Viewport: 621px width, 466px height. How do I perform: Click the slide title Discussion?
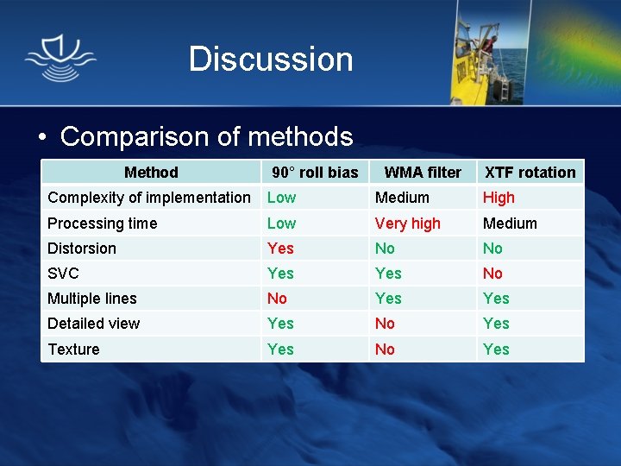pos(271,60)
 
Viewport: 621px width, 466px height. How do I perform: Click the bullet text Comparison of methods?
pos(206,136)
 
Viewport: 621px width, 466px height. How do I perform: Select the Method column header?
pos(151,173)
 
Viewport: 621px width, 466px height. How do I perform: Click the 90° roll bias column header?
pos(315,173)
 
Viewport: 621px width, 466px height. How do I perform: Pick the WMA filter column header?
pos(423,173)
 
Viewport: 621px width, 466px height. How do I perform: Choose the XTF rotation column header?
pos(530,173)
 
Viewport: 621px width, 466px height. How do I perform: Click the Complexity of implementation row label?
pos(149,198)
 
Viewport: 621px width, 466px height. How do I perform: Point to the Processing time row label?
pos(103,224)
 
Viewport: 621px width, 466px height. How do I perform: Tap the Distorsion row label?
pos(82,249)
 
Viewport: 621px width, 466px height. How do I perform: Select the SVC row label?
pos(63,274)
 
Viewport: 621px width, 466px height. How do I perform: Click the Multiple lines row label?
pos(92,299)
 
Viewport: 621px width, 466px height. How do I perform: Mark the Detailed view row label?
pos(94,324)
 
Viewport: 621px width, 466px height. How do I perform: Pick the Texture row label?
pos(73,349)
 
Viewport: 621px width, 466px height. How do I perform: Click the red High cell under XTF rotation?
pos(499,198)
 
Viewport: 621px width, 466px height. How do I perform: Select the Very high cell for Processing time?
pos(407,224)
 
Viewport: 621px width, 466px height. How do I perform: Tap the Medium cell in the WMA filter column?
pos(402,198)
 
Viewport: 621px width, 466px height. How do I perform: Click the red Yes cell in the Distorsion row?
pos(280,249)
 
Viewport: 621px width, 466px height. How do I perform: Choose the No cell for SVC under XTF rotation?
pos(492,274)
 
